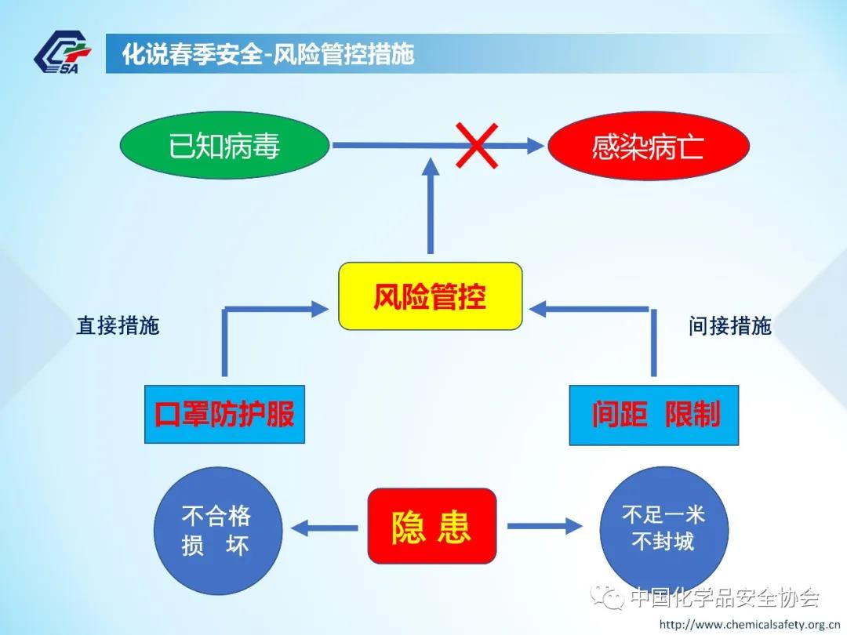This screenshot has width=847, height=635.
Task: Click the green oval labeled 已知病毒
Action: tap(225, 146)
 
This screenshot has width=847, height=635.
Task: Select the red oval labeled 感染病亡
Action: tap(649, 147)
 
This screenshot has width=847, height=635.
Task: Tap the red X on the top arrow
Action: tap(478, 145)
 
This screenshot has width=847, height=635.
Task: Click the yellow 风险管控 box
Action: tap(430, 296)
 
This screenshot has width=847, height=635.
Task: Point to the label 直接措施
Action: tap(118, 326)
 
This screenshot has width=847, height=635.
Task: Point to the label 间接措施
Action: tap(730, 326)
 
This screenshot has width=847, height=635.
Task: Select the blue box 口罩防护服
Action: tap(224, 414)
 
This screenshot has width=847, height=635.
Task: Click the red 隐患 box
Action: tap(432, 526)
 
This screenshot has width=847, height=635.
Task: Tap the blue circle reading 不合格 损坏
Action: tap(217, 530)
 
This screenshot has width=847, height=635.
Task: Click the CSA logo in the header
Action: tap(63, 53)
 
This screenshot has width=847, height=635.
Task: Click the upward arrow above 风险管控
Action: tap(431, 204)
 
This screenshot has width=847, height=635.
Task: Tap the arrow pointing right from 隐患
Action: tap(543, 526)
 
